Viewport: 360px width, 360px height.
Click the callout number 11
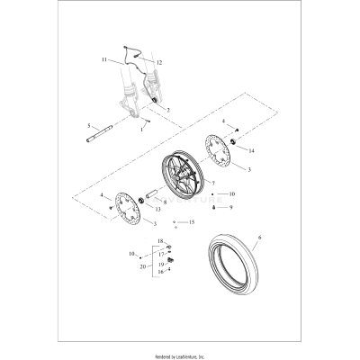pos(104,58)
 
